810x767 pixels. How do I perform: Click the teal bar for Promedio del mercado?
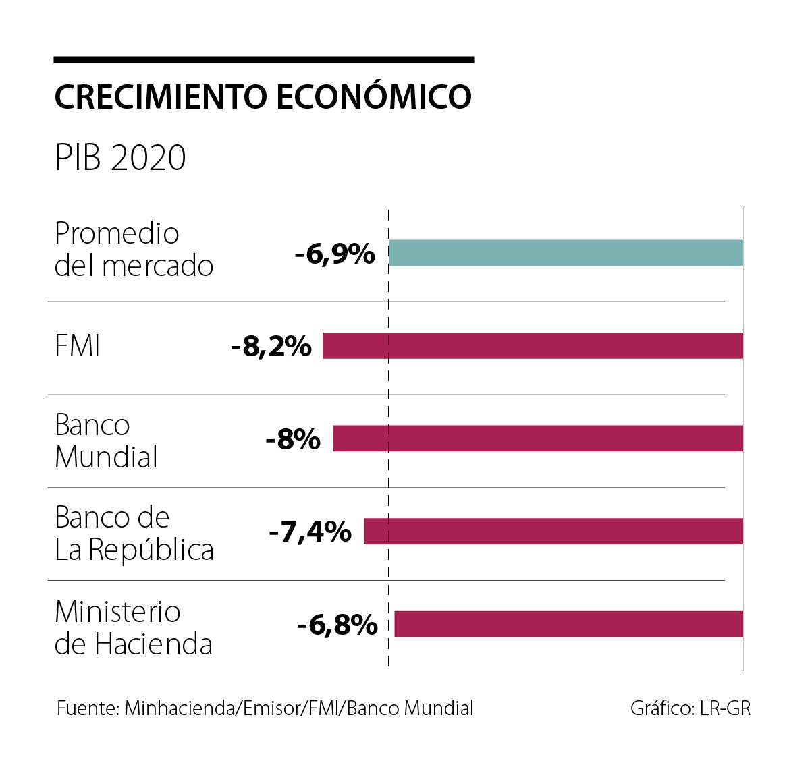(x=566, y=253)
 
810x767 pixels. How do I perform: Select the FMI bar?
(x=533, y=345)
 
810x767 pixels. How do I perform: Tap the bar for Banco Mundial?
(x=537, y=438)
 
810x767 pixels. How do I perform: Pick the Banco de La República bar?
(x=553, y=532)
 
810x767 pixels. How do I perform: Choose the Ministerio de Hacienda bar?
(x=568, y=624)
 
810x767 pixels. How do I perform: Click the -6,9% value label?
(x=335, y=254)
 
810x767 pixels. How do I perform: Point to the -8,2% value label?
(x=271, y=347)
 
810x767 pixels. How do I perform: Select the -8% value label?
(x=293, y=440)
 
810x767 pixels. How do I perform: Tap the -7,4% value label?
(x=310, y=532)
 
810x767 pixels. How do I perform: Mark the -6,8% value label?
(x=337, y=625)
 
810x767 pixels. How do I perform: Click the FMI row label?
(x=78, y=347)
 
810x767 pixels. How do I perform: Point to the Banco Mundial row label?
(x=106, y=441)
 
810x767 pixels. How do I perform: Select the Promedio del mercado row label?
(x=134, y=250)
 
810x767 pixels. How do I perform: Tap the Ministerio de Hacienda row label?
(x=133, y=628)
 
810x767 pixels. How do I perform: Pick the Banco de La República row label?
(x=134, y=534)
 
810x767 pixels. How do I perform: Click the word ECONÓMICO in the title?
(x=374, y=96)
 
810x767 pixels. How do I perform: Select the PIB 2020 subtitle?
(x=120, y=157)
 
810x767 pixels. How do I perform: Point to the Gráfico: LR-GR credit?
(x=690, y=708)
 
